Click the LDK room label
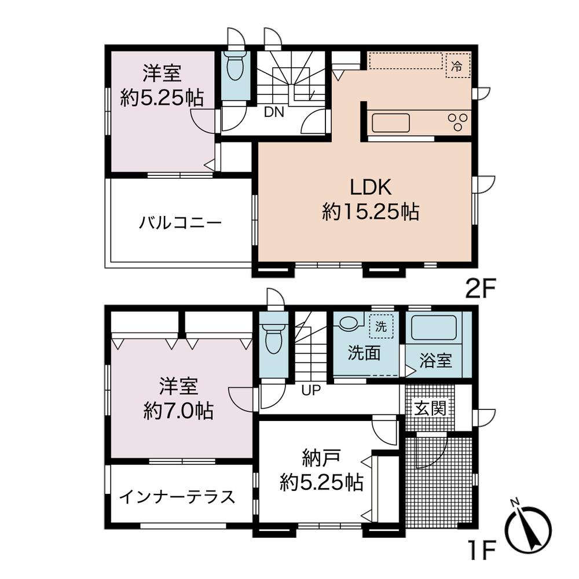coord(371,188)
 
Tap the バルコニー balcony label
coord(180,223)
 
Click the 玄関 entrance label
coord(430,409)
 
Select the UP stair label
coord(310,390)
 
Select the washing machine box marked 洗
coord(381,327)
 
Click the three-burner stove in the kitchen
coord(457,122)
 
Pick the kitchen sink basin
coord(390,123)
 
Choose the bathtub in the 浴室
coord(434,329)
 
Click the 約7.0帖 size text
coord(178,411)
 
